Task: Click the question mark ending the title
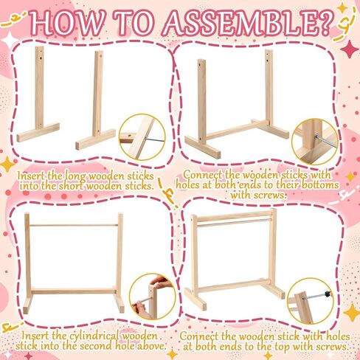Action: tap(325, 23)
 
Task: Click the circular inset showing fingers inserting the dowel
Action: tap(153, 297)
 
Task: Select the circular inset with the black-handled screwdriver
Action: tap(311, 301)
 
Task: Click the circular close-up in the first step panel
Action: tap(142, 137)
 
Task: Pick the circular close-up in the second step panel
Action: tap(315, 142)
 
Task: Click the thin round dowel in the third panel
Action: tap(74, 225)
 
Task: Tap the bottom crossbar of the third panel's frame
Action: tap(74, 291)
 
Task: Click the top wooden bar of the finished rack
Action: tap(234, 215)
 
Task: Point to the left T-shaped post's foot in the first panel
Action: tap(38, 132)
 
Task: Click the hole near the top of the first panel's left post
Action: tap(41, 58)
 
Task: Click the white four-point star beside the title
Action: tap(10, 40)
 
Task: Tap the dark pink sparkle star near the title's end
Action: tap(350, 49)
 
